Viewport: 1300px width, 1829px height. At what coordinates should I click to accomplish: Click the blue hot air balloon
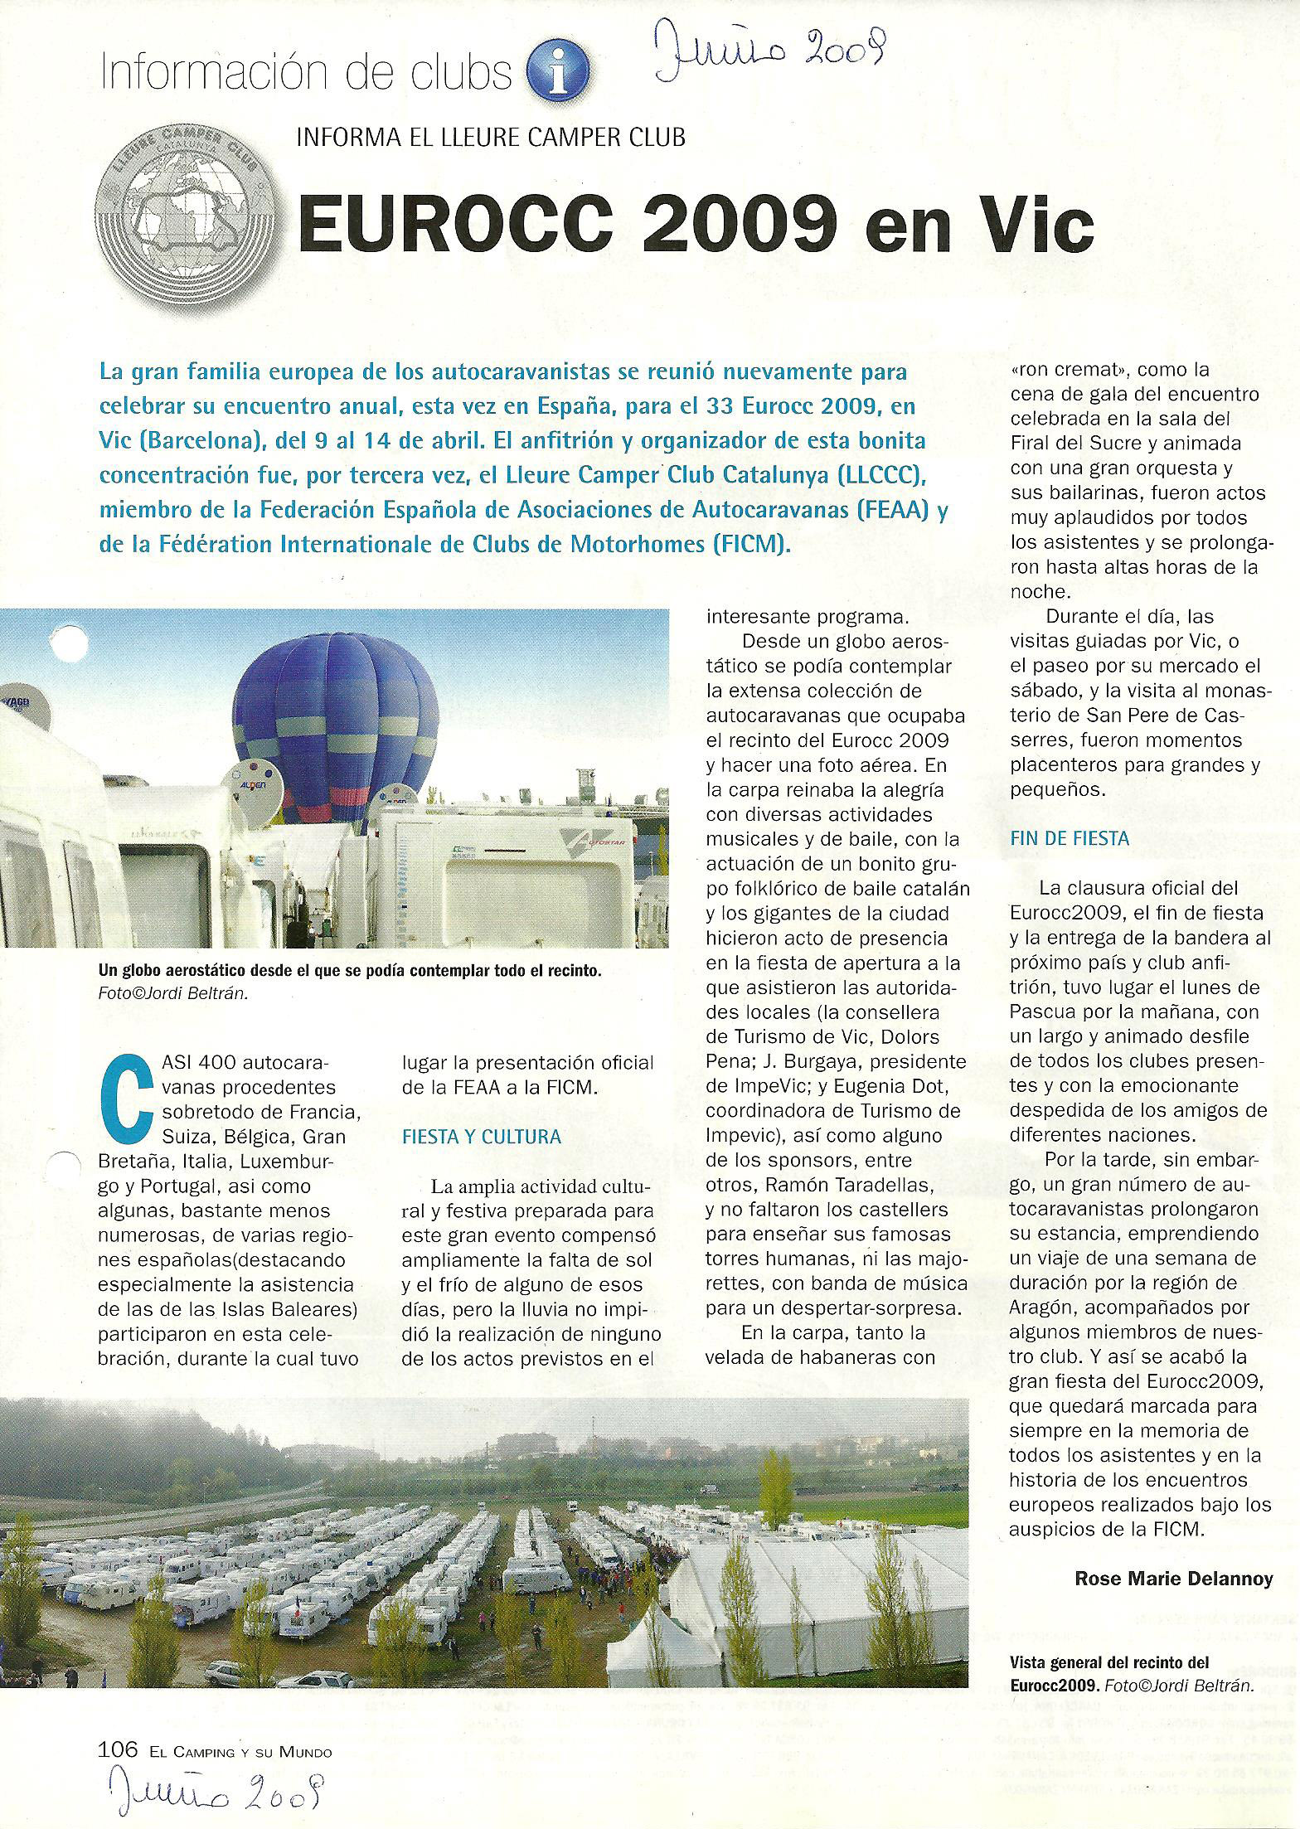click(336, 720)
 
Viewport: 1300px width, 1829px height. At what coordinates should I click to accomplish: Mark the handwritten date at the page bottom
click(211, 1792)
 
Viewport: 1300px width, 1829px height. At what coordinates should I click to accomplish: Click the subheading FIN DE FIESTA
click(1070, 838)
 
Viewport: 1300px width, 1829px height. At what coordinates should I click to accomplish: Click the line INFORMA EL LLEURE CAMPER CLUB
click(491, 136)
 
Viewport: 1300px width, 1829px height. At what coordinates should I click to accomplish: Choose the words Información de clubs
click(305, 75)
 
